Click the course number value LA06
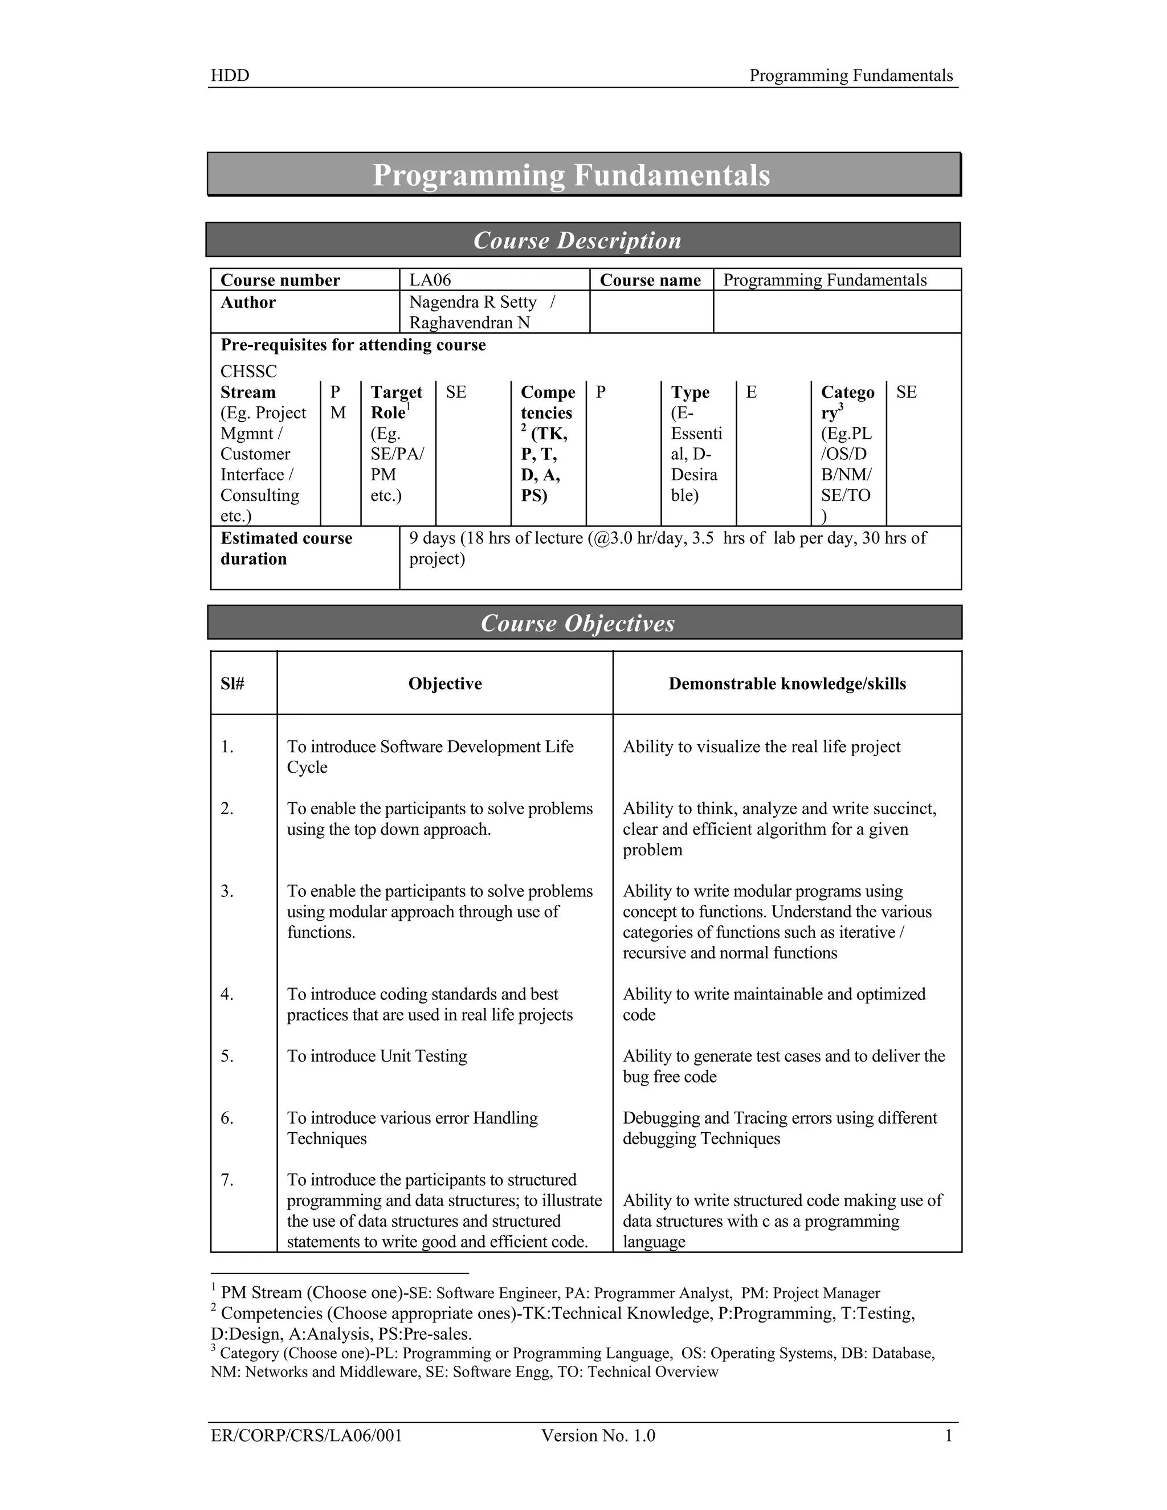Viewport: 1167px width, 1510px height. [430, 280]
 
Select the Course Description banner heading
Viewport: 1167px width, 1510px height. [577, 240]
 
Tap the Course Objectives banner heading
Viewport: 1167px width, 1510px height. [577, 623]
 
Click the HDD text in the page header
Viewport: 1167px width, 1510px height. [230, 76]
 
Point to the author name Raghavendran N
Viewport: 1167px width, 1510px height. [470, 323]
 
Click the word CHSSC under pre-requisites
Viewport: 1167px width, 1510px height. [248, 372]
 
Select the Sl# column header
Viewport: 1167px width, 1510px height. [233, 684]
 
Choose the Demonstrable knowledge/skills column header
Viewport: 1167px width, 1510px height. [787, 684]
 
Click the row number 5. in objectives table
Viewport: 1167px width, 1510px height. [227, 1056]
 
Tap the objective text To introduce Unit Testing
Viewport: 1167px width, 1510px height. [377, 1056]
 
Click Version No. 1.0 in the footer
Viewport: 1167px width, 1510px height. [598, 1436]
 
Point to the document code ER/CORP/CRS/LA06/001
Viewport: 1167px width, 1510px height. [306, 1436]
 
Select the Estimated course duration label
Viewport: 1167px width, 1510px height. [286, 548]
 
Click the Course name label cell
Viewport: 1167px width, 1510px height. [650, 280]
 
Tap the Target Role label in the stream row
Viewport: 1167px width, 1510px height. [396, 402]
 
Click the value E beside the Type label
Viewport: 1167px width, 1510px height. [752, 393]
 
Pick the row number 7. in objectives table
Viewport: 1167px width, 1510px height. [227, 1180]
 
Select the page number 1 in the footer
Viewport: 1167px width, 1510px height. [949, 1436]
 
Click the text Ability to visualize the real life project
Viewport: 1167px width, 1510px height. [761, 746]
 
